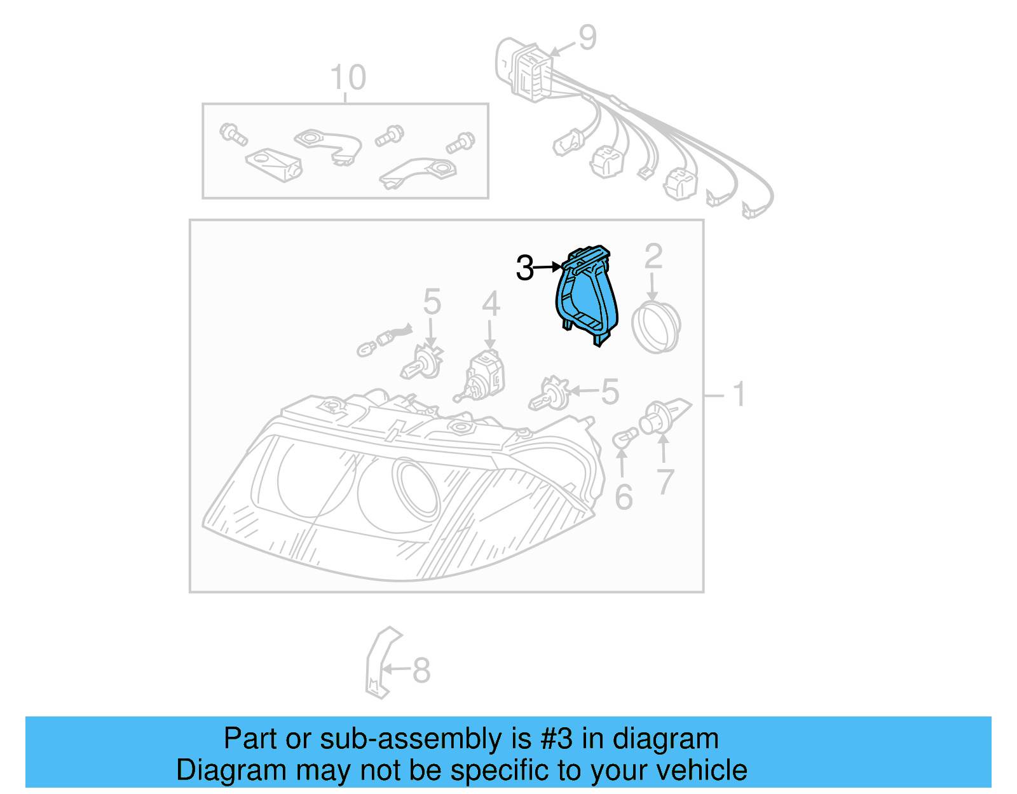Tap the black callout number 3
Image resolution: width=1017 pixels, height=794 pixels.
(525, 268)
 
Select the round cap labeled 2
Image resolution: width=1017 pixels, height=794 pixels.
(656, 327)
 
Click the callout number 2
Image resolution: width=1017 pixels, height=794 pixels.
(653, 257)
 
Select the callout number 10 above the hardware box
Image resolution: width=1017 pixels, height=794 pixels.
(348, 78)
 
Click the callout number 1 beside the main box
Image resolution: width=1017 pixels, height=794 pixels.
(739, 395)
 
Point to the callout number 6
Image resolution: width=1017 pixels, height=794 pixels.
(624, 497)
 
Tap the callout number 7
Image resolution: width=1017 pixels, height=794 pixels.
(665, 482)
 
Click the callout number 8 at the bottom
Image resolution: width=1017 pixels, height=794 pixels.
(421, 670)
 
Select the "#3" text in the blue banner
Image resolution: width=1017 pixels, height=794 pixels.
(556, 739)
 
